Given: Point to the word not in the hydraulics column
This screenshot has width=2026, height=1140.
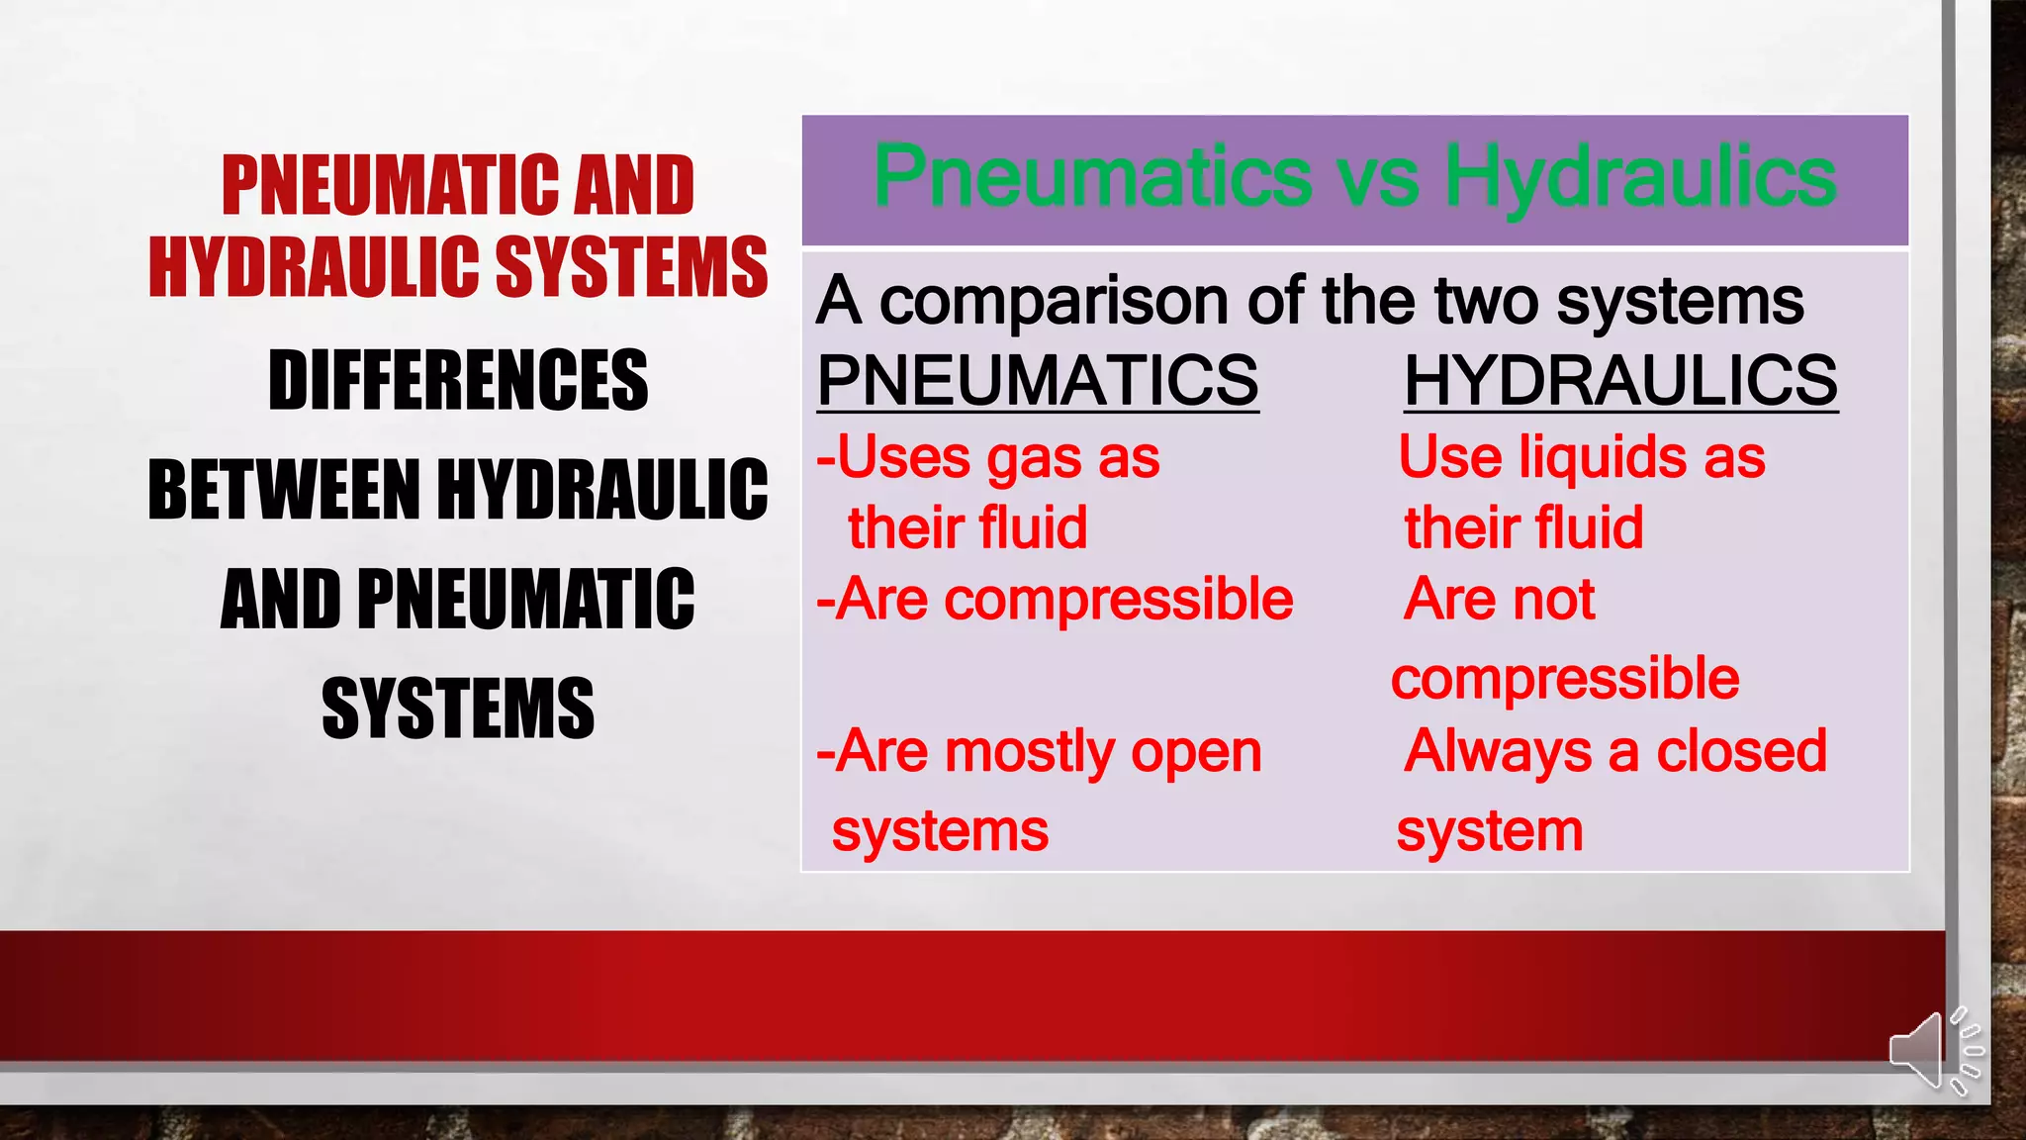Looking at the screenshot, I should click(1558, 600).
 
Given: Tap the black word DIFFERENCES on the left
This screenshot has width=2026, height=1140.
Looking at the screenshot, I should click(458, 380).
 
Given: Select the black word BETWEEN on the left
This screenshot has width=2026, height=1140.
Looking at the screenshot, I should click(284, 490).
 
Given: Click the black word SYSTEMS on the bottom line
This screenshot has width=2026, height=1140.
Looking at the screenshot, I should click(458, 709).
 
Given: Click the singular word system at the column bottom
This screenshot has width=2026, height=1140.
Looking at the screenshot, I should click(1489, 831).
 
